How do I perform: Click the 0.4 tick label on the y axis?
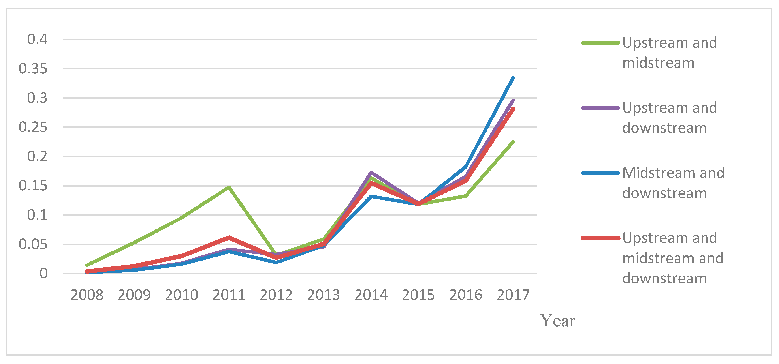pyautogui.click(x=37, y=39)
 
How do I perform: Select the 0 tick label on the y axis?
pyautogui.click(x=43, y=274)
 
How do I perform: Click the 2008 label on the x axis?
pyautogui.click(x=87, y=295)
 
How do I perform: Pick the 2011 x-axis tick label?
pyautogui.click(x=229, y=295)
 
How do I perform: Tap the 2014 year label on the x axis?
pyautogui.click(x=371, y=295)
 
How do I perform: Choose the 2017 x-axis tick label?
pyautogui.click(x=513, y=295)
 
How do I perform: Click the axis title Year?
pyautogui.click(x=558, y=321)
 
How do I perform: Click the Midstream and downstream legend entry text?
pyautogui.click(x=673, y=183)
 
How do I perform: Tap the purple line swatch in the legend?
pyautogui.click(x=600, y=108)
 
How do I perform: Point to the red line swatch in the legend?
pyautogui.click(x=600, y=238)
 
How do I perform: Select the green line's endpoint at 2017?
pyautogui.click(x=513, y=142)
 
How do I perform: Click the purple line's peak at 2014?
pyautogui.click(x=371, y=172)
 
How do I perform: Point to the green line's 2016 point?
pyautogui.click(x=466, y=196)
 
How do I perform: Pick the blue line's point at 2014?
pyautogui.click(x=371, y=196)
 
